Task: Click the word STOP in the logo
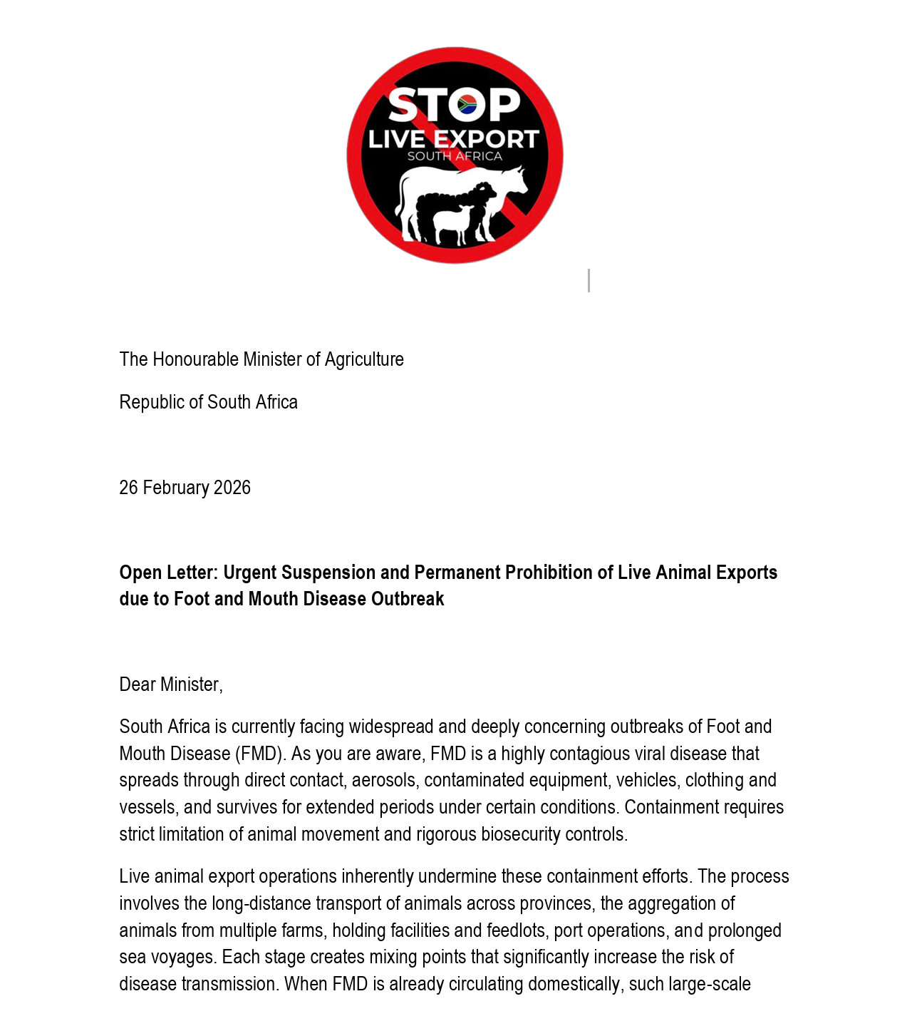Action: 455,106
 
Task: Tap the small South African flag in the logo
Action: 467,105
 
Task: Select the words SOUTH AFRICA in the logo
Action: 455,156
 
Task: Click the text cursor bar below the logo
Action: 589,280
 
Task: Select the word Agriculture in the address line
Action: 364,359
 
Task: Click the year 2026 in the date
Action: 232,488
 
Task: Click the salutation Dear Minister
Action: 171,684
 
